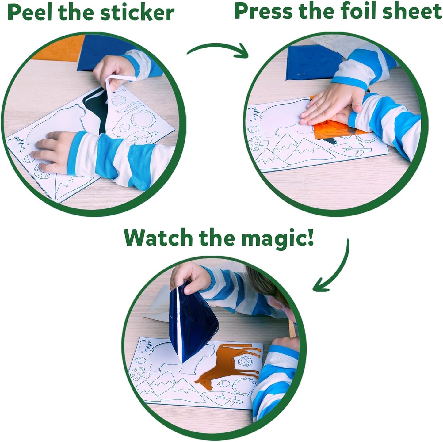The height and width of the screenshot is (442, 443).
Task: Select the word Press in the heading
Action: pyautogui.click(x=264, y=12)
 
